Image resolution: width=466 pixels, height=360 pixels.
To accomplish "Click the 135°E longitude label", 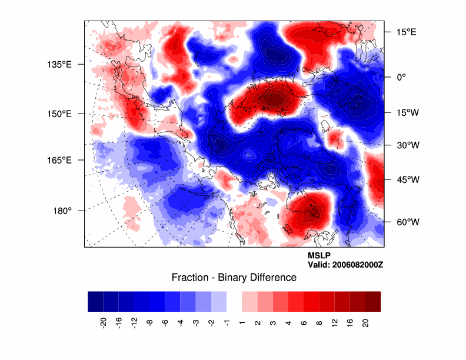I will pyautogui.click(x=59, y=64).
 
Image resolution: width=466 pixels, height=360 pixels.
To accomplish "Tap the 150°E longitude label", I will pyautogui.click(x=59, y=114).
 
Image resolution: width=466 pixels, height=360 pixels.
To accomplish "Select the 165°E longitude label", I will pyautogui.click(x=59, y=160).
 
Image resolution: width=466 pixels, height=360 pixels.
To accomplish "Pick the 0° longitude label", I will pyautogui.click(x=400, y=77).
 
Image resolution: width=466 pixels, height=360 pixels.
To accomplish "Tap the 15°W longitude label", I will pyautogui.click(x=406, y=113).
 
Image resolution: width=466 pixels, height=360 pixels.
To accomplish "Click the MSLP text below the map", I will pyautogui.click(x=319, y=256).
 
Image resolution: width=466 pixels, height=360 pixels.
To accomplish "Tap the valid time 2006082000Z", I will pyautogui.click(x=357, y=265).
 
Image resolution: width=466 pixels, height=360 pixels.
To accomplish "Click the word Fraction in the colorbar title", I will pyautogui.click(x=189, y=277).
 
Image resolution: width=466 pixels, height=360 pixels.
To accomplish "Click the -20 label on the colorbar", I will pyautogui.click(x=103, y=322).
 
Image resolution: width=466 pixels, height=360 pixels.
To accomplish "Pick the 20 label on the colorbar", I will pyautogui.click(x=365, y=322).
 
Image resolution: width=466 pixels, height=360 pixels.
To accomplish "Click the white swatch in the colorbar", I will pyautogui.click(x=234, y=301).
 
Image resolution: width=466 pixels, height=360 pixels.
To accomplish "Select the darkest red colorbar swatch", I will pyautogui.click(x=373, y=301).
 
